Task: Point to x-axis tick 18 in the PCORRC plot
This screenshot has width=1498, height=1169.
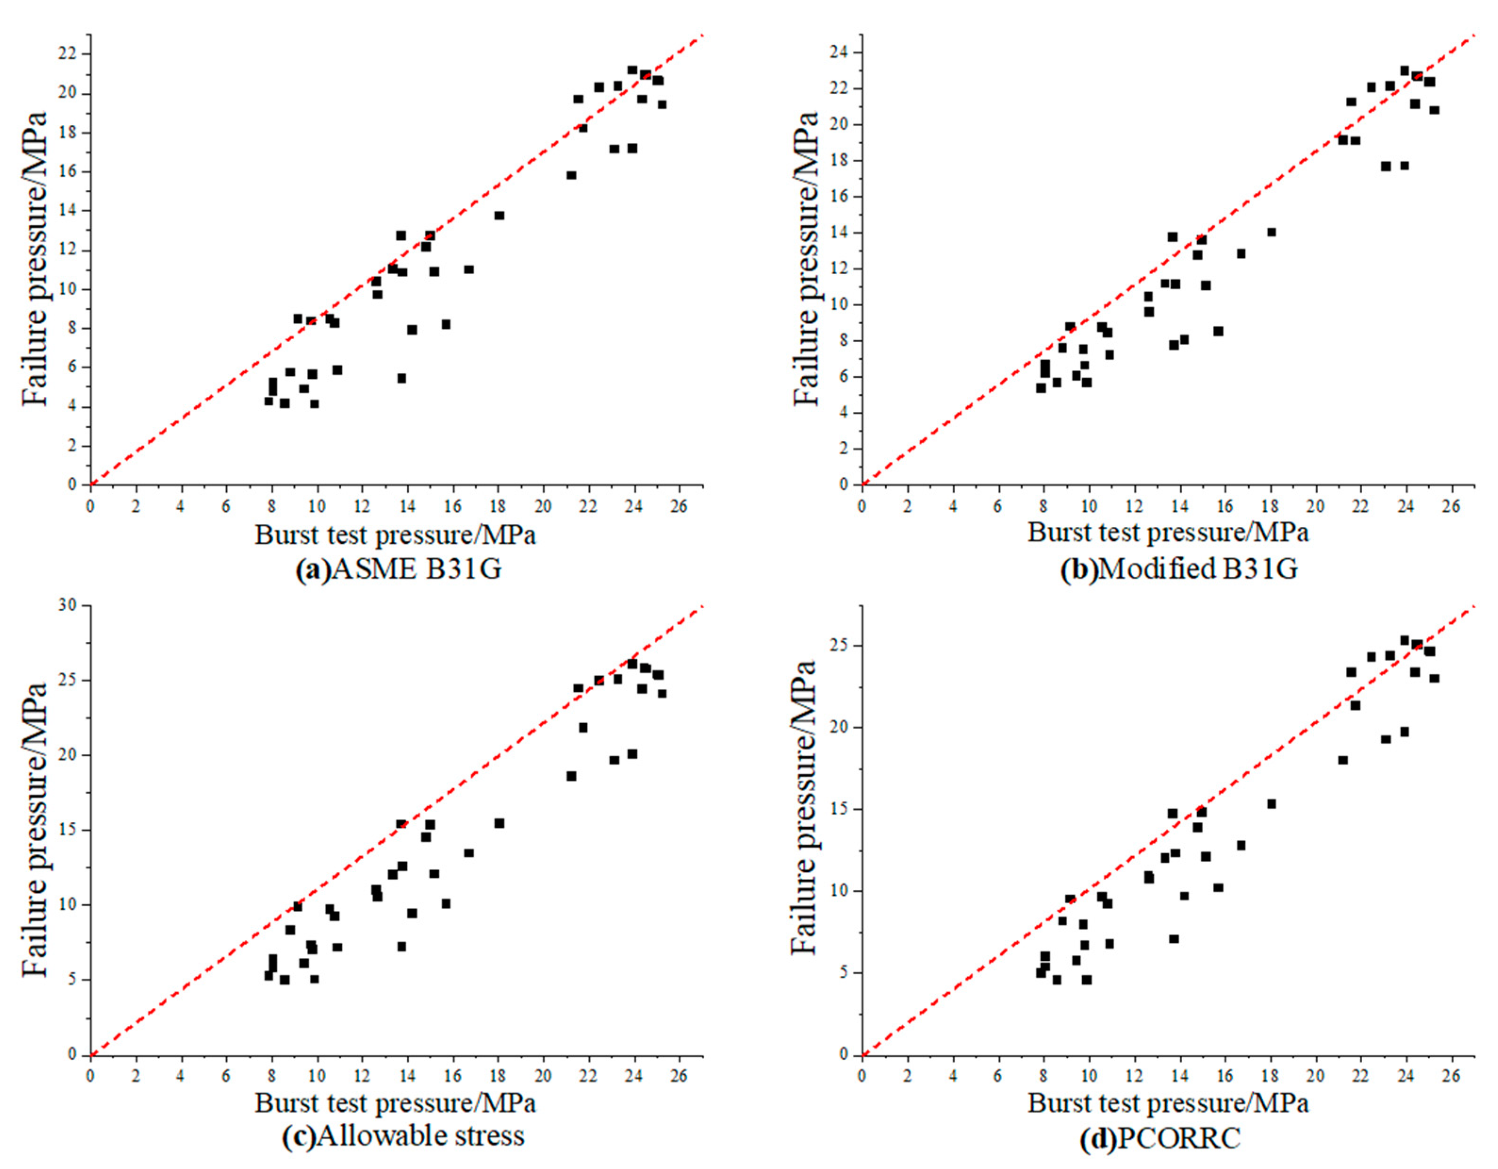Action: pyautogui.click(x=1270, y=1075)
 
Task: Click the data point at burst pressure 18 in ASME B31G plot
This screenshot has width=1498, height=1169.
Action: pyautogui.click(x=499, y=215)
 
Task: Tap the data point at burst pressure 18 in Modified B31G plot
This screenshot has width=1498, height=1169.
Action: pyautogui.click(x=1271, y=232)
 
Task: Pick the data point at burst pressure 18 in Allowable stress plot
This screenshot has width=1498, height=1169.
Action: pyautogui.click(x=499, y=823)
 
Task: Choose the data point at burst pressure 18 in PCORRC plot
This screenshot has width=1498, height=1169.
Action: pyautogui.click(x=1271, y=803)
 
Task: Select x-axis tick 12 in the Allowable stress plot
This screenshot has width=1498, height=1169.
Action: pyautogui.click(x=362, y=1075)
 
